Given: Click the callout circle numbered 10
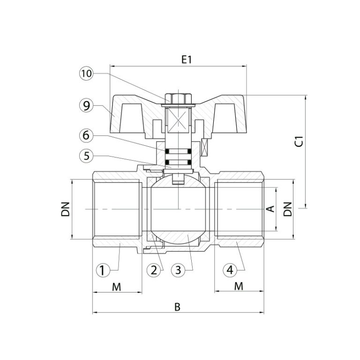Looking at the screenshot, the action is click(86, 74).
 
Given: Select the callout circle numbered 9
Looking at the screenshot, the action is click(86, 105).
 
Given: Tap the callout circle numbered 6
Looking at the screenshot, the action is click(86, 135).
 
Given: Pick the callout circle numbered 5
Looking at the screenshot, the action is click(86, 156).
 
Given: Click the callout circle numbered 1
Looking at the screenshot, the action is click(103, 270).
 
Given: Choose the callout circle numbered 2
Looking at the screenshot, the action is click(154, 270).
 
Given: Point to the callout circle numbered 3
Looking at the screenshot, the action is click(179, 270).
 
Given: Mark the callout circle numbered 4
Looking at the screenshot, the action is click(230, 270).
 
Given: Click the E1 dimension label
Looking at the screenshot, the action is click(187, 60).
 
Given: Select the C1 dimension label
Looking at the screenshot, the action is click(299, 142).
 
